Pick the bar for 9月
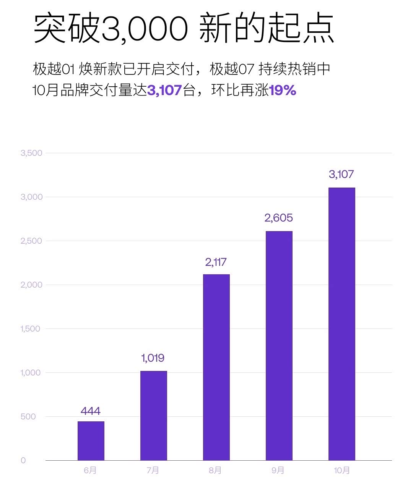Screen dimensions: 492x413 coord(279,345)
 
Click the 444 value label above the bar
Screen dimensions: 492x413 coord(91,411)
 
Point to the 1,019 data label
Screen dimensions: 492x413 coord(153,358)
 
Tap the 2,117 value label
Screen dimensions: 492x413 coord(216,262)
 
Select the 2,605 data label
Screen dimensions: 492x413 coord(278,218)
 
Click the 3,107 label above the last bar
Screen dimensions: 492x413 coord(341,175)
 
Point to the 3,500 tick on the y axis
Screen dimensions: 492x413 coord(31,153)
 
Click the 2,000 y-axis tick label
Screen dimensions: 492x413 coord(31,285)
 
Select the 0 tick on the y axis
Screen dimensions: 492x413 coord(23,461)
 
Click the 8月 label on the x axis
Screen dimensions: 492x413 coord(215,471)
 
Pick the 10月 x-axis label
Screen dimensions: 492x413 coord(341,471)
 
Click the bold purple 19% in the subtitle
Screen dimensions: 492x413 coord(283,91)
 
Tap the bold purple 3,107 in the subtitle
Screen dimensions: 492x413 coord(164,91)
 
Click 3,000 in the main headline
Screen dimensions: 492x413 coord(145,29)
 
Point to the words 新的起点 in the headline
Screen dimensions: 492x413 coord(267,29)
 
